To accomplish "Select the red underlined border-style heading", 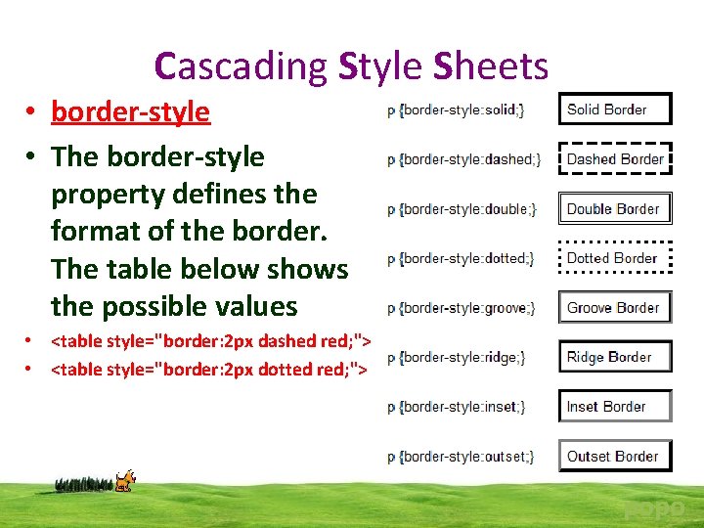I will (x=130, y=111).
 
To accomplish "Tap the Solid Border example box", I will (x=615, y=110).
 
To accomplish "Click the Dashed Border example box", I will (x=615, y=158).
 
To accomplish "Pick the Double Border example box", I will (x=615, y=208).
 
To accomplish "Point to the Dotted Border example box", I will (x=615, y=258).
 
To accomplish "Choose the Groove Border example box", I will (x=615, y=307).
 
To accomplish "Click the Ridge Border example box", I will (x=615, y=357).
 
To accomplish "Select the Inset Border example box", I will (x=615, y=406).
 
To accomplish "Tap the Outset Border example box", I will (x=615, y=456).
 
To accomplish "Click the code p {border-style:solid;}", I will (x=456, y=110).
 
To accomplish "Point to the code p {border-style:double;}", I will (x=462, y=209).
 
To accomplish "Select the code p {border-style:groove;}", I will (x=462, y=308).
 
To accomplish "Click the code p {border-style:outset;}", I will (x=461, y=457).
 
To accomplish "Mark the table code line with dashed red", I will (x=208, y=341).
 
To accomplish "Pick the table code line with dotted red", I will (x=208, y=369).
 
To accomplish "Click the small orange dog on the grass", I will (x=124, y=480).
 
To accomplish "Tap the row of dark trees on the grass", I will (x=84, y=483).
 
